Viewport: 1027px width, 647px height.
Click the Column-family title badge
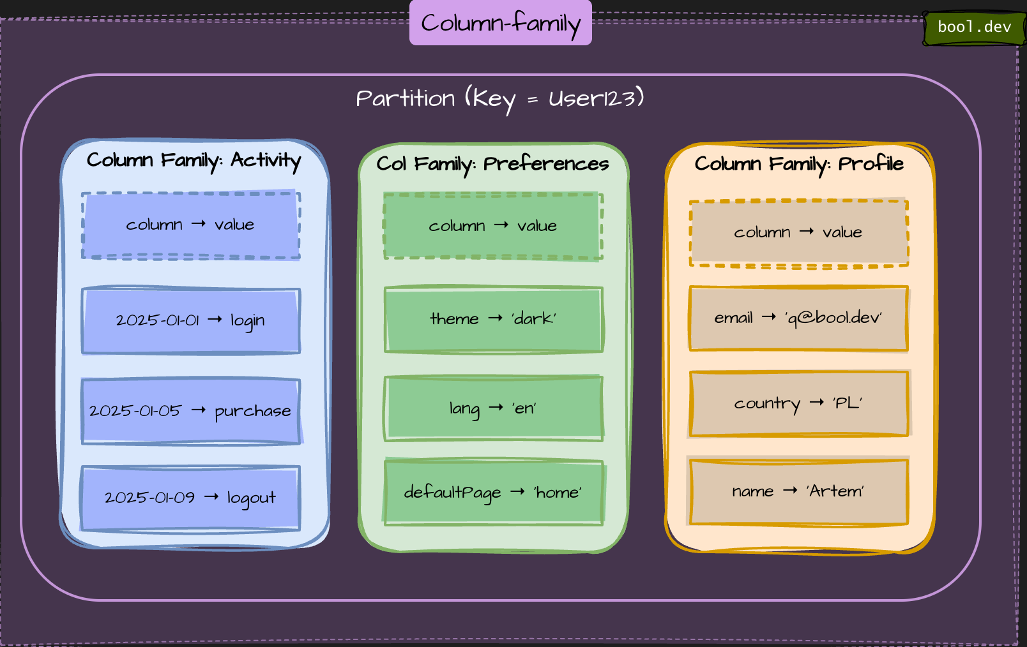(x=500, y=23)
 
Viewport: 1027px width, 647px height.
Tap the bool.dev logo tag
(x=973, y=27)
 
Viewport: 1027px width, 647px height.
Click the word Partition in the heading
(x=405, y=98)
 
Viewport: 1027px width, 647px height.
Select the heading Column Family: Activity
(x=194, y=160)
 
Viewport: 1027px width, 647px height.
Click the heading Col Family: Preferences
(x=492, y=164)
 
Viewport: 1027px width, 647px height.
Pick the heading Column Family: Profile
(x=798, y=164)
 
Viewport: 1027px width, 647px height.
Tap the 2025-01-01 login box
(x=190, y=320)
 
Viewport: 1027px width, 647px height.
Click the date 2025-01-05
(x=135, y=410)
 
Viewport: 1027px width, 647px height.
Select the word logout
(x=251, y=498)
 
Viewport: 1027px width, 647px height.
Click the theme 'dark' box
(x=493, y=319)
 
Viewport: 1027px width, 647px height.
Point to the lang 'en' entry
(x=493, y=408)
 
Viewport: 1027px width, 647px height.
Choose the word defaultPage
(x=452, y=493)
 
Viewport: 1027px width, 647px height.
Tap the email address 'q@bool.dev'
(x=833, y=318)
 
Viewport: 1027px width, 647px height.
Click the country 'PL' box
(x=798, y=403)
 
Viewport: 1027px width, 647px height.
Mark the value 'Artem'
(x=835, y=491)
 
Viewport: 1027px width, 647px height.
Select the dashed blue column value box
(x=190, y=225)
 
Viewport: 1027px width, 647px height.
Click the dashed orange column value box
(x=798, y=233)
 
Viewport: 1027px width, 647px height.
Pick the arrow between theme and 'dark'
(x=495, y=318)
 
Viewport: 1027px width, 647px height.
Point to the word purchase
(x=252, y=411)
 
